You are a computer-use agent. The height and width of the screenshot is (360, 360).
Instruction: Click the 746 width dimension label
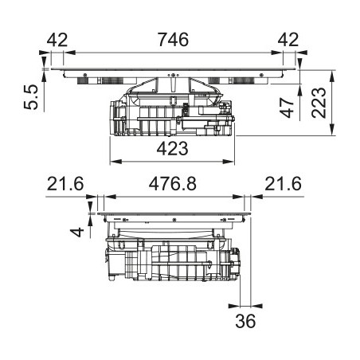click(173, 40)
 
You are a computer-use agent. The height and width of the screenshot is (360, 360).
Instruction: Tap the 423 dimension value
click(172, 149)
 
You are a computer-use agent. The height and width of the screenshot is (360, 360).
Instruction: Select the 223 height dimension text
click(319, 103)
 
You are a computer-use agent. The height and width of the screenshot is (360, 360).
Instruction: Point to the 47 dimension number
click(288, 108)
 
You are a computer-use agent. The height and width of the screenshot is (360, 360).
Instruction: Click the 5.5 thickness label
click(31, 97)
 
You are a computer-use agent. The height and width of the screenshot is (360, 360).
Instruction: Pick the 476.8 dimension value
click(173, 184)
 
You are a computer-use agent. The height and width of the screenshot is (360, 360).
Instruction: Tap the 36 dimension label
click(245, 321)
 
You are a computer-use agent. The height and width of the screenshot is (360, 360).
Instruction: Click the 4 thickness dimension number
click(77, 233)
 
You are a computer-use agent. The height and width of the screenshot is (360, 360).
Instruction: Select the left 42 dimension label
click(57, 40)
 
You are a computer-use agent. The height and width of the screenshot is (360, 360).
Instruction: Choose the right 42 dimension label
click(288, 40)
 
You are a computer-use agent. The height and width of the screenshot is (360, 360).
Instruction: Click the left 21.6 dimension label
click(65, 184)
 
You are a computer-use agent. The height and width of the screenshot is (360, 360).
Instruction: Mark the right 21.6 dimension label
click(283, 184)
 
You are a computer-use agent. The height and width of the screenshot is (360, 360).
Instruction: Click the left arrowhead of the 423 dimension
click(115, 162)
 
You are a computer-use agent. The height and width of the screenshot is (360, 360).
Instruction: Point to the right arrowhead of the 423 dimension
click(229, 162)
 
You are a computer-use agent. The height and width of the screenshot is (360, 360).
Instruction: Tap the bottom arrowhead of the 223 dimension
click(332, 130)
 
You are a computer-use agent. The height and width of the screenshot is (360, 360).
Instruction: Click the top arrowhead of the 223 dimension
click(332, 76)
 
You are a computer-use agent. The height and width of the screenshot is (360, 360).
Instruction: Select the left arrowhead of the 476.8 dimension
click(110, 197)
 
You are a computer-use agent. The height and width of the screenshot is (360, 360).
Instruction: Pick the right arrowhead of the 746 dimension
click(277, 53)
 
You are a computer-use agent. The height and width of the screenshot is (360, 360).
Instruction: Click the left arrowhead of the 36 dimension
click(234, 306)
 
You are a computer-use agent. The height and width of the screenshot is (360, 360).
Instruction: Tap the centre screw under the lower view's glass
click(174, 220)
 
